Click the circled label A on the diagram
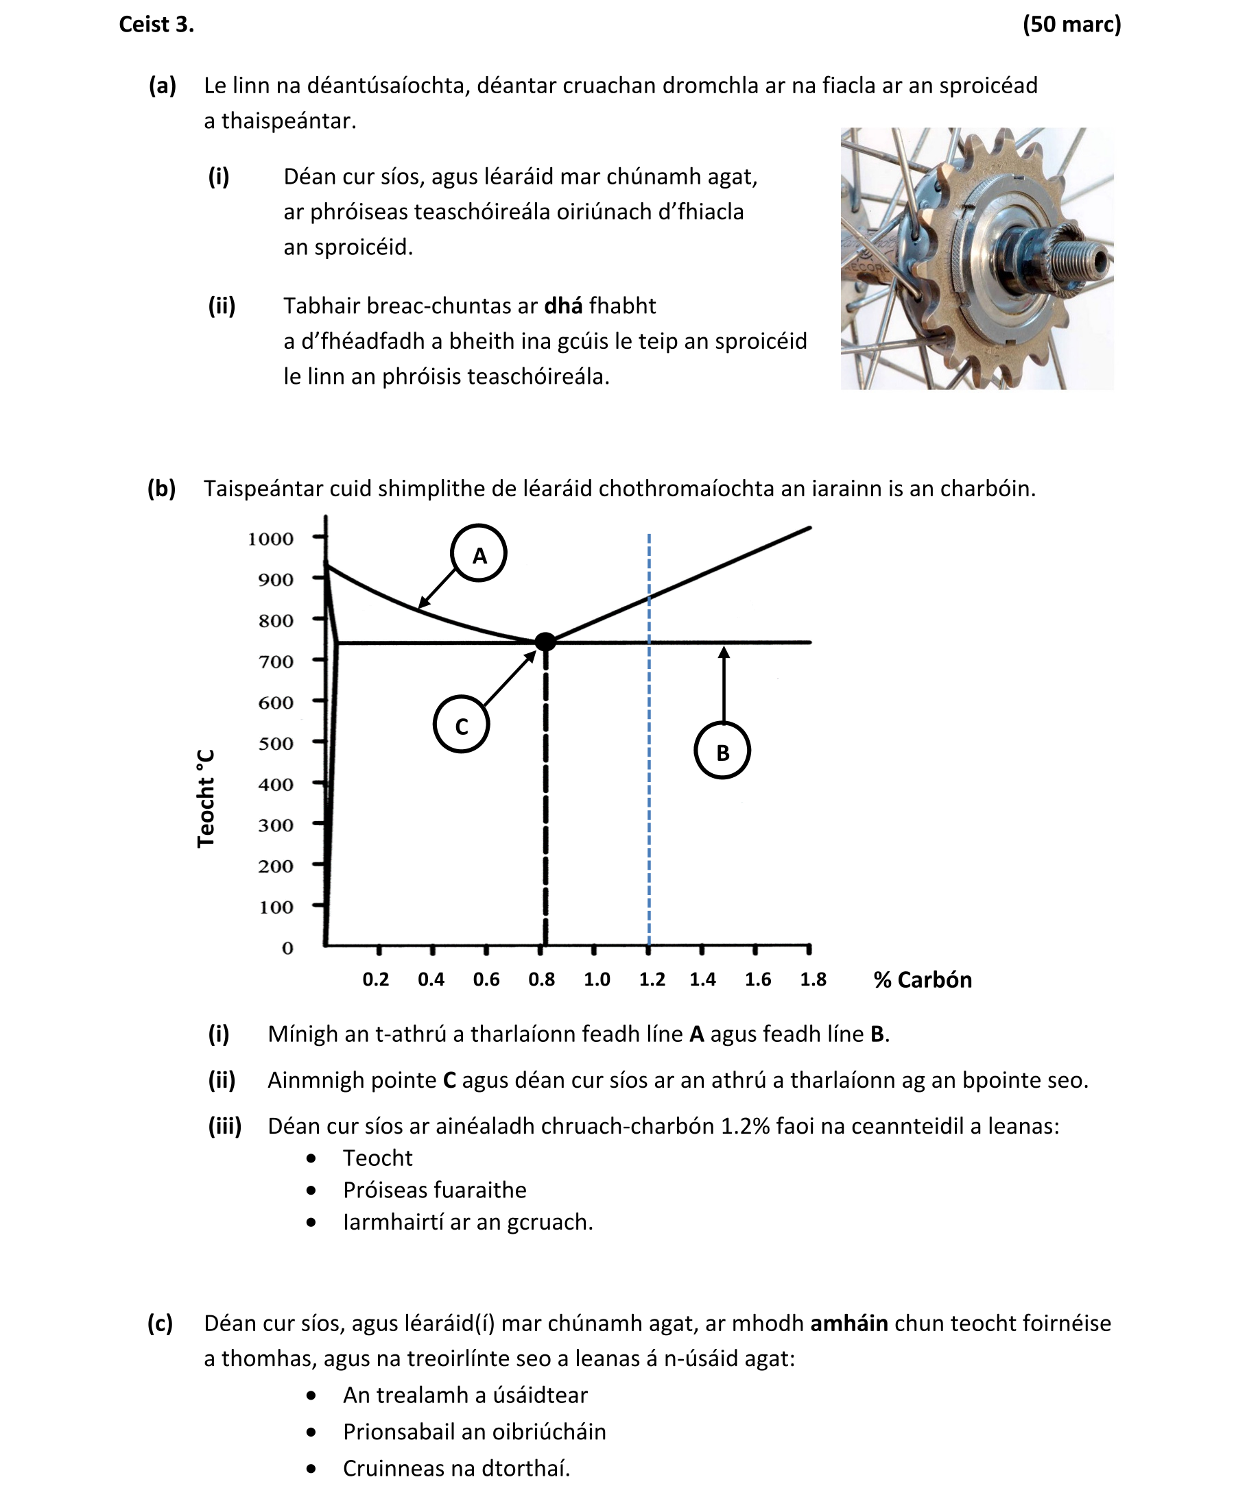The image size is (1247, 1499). point(479,553)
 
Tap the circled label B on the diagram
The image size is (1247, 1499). point(722,751)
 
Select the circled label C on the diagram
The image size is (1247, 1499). point(462,725)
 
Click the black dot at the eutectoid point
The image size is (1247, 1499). point(545,641)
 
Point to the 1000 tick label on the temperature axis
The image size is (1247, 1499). point(271,538)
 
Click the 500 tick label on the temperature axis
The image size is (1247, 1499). point(276,743)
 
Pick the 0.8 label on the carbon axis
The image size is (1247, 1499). point(541,979)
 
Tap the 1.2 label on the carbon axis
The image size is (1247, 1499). point(652,979)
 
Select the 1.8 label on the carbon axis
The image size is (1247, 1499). point(813,979)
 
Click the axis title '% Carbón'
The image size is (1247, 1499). point(922,979)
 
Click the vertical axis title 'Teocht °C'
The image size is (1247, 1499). point(206,798)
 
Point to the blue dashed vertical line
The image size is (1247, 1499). point(648,785)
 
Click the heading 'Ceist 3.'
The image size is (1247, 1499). point(156,24)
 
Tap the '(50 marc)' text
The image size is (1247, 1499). point(1071,24)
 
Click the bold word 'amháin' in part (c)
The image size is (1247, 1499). point(849,1323)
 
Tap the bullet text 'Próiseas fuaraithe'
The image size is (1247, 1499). point(434,1190)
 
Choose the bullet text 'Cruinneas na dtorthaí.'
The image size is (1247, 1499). point(456,1468)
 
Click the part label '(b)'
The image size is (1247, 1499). point(161,488)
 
